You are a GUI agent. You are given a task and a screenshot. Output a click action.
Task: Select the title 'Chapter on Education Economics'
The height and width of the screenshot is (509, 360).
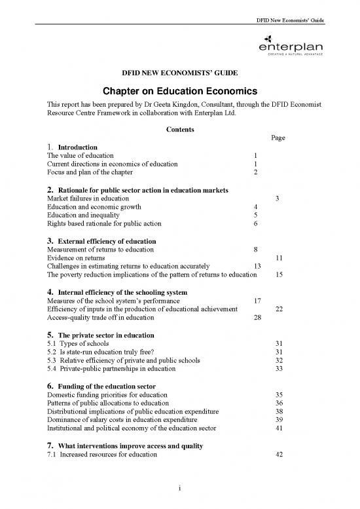coord(179,92)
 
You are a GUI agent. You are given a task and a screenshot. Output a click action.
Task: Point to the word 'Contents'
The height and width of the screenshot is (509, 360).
coord(179,130)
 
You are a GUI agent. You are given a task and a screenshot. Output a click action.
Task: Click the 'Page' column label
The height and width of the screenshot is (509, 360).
coord(277,138)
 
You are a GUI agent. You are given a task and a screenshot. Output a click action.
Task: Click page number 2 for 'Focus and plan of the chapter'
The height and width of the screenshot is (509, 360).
coord(254,172)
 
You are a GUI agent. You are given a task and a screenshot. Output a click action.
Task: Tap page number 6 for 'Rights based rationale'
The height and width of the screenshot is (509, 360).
coord(254,224)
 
